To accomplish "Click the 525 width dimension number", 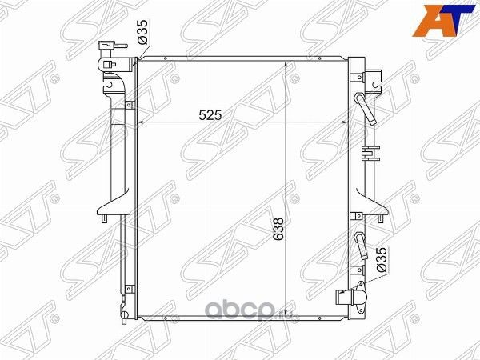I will point(210,114).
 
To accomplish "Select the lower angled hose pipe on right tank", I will point(362,247).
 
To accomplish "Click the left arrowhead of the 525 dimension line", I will point(143,122).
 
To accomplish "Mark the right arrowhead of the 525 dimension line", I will point(345,122).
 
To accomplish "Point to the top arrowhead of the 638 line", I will point(286,62).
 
